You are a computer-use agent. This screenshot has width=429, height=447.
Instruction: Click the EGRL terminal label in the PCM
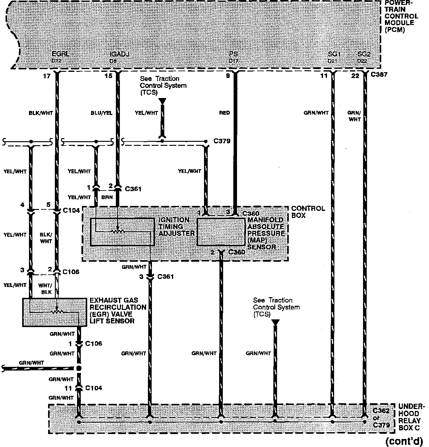point(60,54)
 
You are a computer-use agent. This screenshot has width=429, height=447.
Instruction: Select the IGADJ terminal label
point(119,54)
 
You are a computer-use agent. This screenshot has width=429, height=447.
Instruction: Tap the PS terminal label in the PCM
point(233,54)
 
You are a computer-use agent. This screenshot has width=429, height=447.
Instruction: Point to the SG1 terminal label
point(334,54)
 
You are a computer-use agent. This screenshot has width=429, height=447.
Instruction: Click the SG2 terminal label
point(364,54)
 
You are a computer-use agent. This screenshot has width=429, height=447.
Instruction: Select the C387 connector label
point(379,75)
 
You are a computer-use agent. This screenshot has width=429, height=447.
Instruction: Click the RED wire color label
point(224,113)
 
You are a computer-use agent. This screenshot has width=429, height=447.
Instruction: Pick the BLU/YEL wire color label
point(101,113)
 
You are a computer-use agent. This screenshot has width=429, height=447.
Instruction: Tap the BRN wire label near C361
point(107,197)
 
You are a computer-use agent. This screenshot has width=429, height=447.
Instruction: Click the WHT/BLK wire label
point(45,288)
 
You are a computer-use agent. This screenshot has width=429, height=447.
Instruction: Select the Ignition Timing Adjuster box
point(122,232)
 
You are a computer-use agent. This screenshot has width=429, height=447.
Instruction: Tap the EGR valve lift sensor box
point(55,312)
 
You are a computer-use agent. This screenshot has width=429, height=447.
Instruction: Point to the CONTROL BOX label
point(308,212)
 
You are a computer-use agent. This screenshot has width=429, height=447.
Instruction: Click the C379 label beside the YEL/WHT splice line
point(222,141)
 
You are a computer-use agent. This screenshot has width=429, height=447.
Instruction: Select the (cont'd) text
point(404,441)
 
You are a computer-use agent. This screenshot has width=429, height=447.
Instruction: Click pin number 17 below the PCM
point(47,76)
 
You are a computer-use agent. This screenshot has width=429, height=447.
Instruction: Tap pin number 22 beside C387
point(355,76)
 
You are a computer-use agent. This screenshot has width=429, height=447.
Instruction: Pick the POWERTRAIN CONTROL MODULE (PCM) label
point(401,16)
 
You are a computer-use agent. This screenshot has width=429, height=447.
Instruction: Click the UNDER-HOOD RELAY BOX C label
point(411,417)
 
